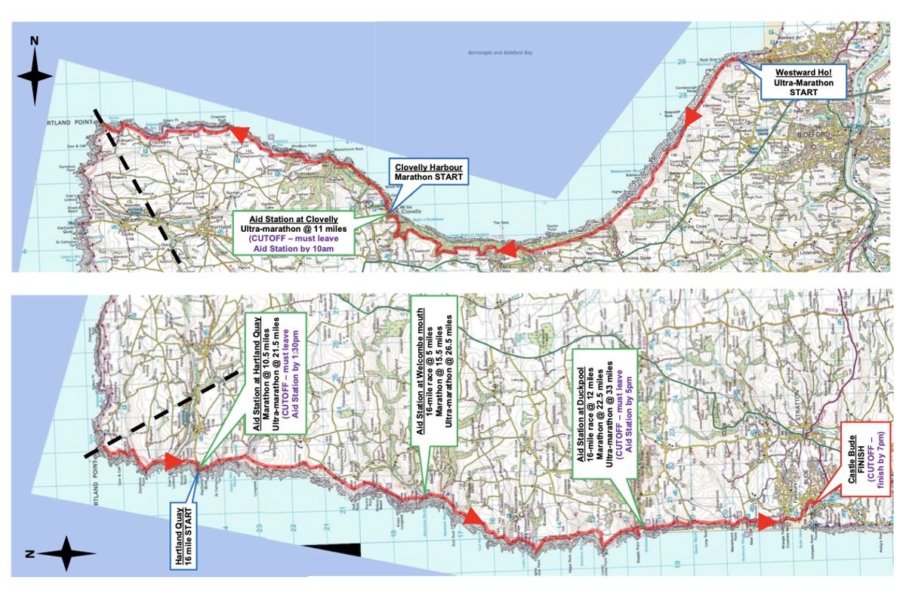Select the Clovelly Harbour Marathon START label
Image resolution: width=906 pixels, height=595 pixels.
pyautogui.click(x=427, y=171)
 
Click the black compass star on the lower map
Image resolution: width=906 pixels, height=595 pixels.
pyautogui.click(x=66, y=554)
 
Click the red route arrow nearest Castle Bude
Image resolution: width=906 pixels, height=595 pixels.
pyautogui.click(x=767, y=523)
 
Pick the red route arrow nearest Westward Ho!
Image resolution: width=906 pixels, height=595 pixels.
pyautogui.click(x=692, y=115)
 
